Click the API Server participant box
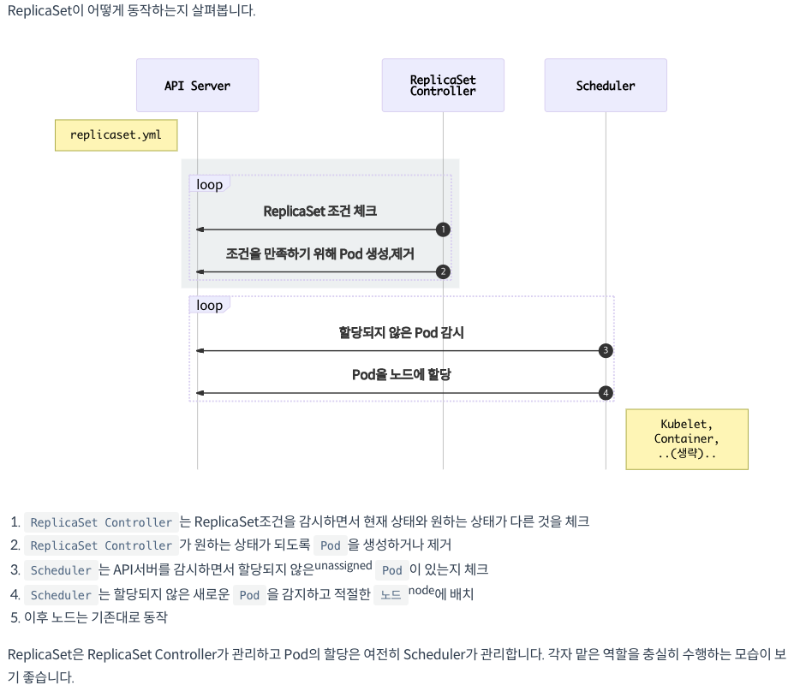coord(197,86)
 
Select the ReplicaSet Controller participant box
coord(443,86)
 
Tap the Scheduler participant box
coord(606,86)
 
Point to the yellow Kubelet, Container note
coord(687,439)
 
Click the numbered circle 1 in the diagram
coord(443,229)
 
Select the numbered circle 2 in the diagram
coord(443,272)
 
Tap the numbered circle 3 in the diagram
coord(606,350)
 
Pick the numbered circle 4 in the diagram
coord(606,393)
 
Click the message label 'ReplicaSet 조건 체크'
coord(319,211)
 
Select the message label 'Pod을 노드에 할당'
coord(401,374)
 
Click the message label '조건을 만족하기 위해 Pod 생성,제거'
coord(319,253)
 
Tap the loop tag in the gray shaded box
coord(209,185)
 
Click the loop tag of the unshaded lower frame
coord(209,306)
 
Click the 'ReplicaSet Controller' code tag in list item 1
coord(101,522)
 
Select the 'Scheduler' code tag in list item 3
coord(60,570)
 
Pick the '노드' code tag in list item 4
coord(391,595)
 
